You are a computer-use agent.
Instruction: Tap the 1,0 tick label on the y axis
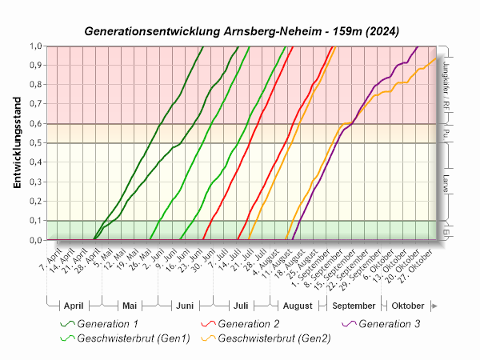pos(37,46)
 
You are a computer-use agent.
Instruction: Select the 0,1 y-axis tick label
pos(37,221)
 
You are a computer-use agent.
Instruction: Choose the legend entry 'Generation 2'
pos(248,324)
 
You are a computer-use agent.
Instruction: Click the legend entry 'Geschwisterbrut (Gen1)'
pos(134,338)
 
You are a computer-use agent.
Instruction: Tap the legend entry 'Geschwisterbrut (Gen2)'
pos(272,338)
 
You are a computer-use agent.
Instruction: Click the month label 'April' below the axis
pos(73,306)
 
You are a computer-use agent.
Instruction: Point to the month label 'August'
pos(298,306)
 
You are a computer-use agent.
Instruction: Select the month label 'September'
pos(354,306)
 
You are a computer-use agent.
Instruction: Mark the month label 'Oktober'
pos(407,306)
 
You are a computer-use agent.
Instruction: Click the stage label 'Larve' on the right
pos(445,182)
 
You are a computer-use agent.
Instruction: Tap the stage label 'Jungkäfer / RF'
pos(445,85)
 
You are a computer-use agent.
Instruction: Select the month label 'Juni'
pos(184,306)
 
